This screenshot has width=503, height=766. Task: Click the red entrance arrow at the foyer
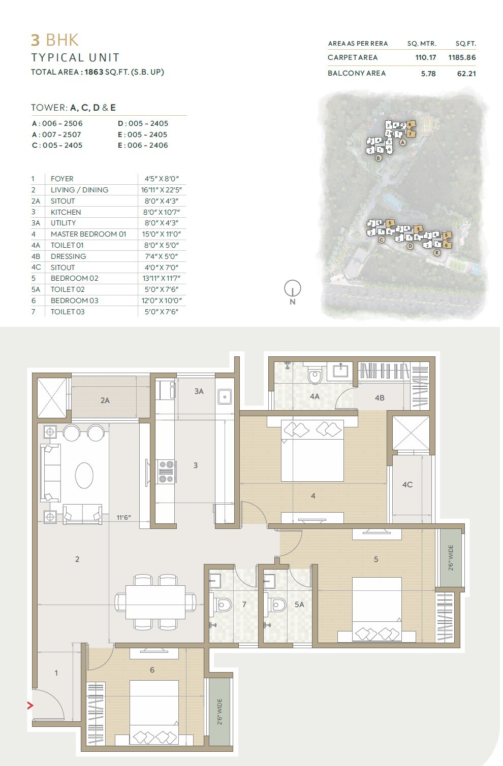tap(30, 705)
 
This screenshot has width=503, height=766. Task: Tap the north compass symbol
tap(292, 289)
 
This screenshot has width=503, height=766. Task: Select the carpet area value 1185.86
tap(462, 57)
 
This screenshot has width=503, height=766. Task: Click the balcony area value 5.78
tap(428, 74)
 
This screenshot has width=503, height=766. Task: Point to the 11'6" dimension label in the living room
tap(123, 518)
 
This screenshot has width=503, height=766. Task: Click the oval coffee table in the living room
tap(84, 476)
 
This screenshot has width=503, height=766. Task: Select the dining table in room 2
tap(155, 602)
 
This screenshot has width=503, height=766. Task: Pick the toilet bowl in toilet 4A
tap(315, 376)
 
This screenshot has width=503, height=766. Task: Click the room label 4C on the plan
tap(407, 485)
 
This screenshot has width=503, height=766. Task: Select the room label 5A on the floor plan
tap(299, 605)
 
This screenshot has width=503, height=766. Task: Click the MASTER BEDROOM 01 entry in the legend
tap(88, 234)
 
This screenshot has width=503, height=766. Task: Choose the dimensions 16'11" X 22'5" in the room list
tap(162, 190)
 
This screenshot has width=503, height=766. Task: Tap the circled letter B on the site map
tap(378, 158)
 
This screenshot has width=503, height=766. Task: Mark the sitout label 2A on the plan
tap(105, 401)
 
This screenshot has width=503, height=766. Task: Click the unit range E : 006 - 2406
tap(143, 145)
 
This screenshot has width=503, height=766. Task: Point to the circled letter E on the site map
tap(437, 252)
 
